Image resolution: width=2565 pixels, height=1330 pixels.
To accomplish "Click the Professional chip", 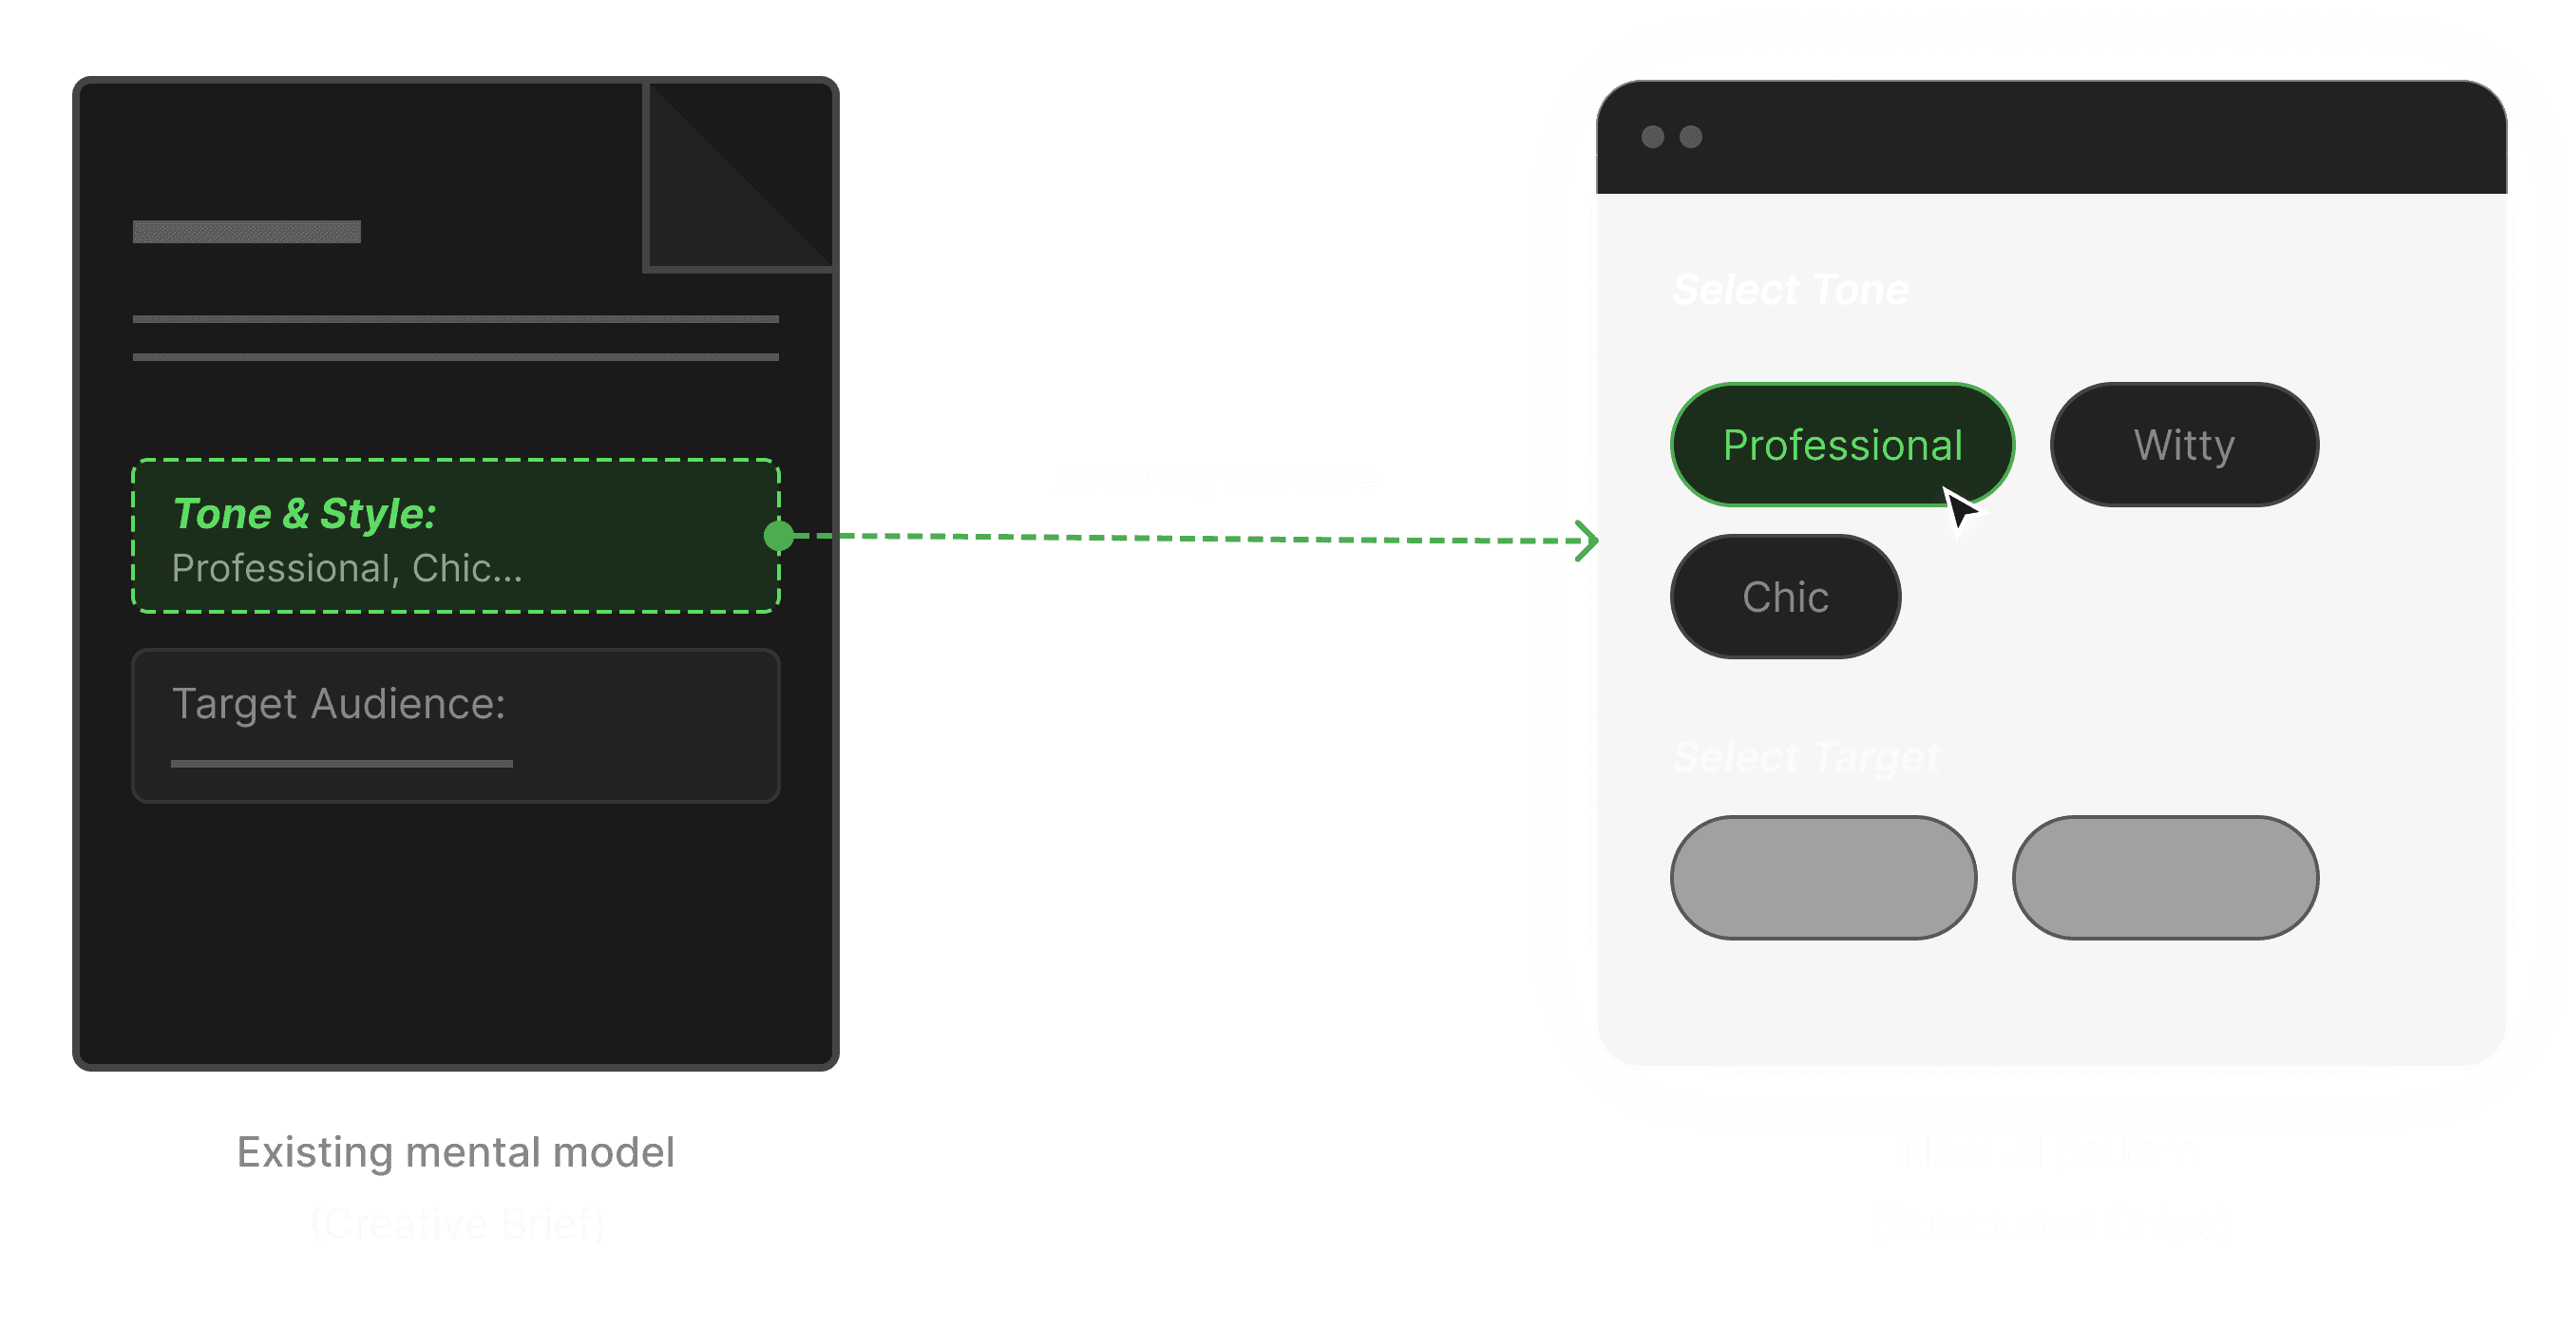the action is [x=1841, y=444].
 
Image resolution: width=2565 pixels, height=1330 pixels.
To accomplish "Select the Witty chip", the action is [x=2184, y=444].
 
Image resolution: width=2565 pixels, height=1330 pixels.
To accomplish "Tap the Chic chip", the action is [x=1784, y=597].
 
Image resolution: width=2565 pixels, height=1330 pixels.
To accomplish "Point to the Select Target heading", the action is [x=1805, y=756].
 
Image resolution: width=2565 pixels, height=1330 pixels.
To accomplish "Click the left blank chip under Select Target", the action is [x=1823, y=877].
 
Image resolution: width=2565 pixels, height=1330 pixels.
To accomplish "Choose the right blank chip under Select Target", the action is [x=2165, y=877].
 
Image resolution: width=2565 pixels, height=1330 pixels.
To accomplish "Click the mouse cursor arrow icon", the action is [x=1960, y=510].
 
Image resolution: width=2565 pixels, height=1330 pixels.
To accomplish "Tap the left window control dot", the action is [x=1653, y=137].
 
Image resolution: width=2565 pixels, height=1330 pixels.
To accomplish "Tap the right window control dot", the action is [x=1691, y=137].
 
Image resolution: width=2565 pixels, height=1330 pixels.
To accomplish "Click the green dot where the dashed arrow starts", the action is [x=779, y=536].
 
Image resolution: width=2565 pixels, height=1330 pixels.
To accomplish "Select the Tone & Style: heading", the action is [x=304, y=514].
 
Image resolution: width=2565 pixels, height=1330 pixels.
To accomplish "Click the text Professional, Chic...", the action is [x=346, y=568].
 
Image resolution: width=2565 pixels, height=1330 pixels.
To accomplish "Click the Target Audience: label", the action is [x=338, y=704].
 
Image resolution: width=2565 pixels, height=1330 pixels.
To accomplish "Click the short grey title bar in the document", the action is [x=247, y=232].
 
